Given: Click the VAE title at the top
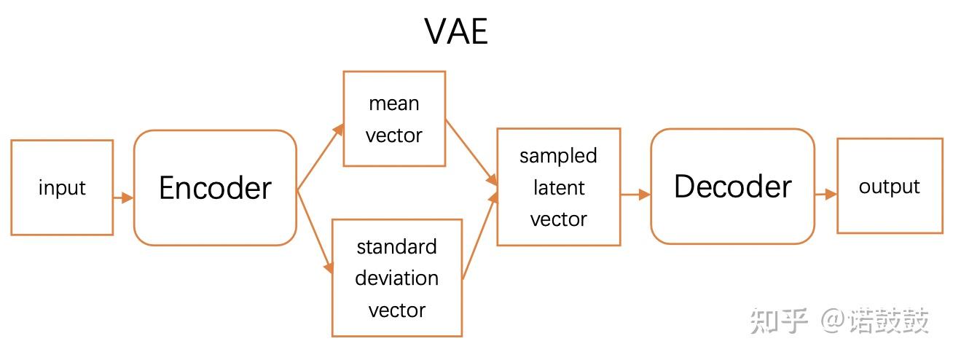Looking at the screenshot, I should click(456, 31).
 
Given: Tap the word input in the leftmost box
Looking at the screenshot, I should click(62, 188).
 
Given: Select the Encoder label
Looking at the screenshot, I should click(215, 188).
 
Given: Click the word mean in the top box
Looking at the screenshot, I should click(393, 103).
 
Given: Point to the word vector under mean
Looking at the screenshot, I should click(393, 136).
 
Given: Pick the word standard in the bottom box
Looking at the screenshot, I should click(396, 247).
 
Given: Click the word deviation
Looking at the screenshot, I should click(396, 278).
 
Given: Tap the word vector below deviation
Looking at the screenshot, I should click(396, 310).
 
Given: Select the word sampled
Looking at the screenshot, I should click(558, 156).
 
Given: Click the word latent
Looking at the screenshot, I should click(558, 188).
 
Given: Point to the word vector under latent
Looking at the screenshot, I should click(558, 219).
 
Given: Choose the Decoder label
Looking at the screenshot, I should click(732, 187).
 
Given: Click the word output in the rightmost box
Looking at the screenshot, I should click(889, 187).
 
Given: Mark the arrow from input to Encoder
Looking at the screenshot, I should click(123, 197).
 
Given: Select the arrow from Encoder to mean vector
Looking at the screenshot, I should click(320, 157).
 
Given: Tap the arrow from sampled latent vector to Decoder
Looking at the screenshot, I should click(635, 195).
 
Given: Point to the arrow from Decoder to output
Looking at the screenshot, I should click(825, 195).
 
